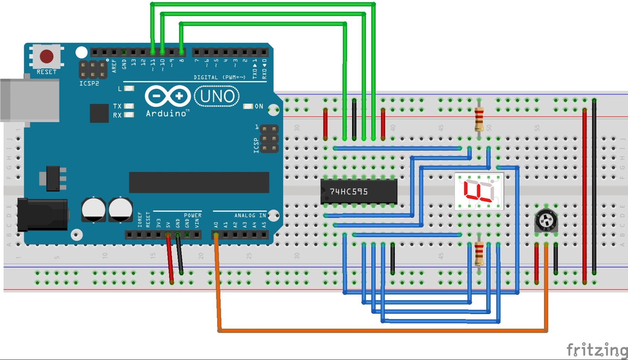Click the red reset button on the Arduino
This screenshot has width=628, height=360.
(46, 56)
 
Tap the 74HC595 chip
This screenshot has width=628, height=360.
(358, 192)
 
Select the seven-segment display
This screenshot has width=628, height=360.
(479, 191)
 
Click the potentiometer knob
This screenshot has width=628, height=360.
(546, 221)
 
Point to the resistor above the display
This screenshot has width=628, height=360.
(479, 119)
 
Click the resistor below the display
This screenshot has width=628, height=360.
(479, 254)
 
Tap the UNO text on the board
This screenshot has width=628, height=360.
(217, 97)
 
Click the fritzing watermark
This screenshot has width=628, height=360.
(596, 349)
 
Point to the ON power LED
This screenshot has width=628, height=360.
(248, 106)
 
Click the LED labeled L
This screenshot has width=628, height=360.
(129, 89)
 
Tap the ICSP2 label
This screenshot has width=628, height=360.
(89, 84)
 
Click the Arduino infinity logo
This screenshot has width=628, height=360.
(168, 96)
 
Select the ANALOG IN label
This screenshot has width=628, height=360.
(250, 216)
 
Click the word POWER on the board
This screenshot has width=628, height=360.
(193, 216)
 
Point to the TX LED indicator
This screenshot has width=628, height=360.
(129, 106)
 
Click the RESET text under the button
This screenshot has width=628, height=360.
(46, 72)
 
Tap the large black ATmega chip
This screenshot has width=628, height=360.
(199, 183)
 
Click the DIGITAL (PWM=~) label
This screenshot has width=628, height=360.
(219, 77)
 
